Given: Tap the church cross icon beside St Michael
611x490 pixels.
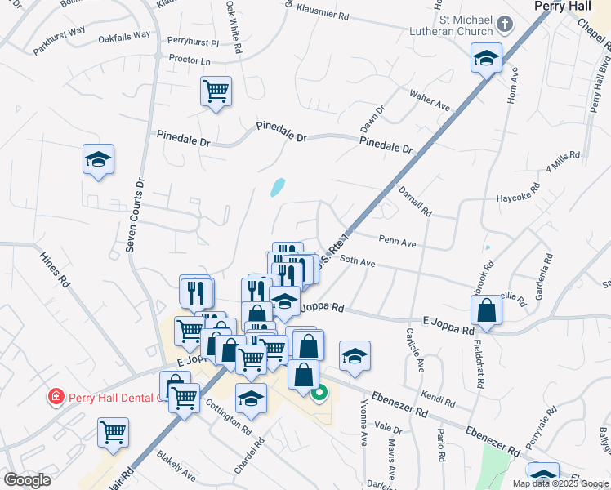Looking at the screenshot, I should point(504,24).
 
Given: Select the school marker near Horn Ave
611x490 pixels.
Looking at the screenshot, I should point(486,59).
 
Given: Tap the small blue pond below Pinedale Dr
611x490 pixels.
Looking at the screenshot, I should point(278,188).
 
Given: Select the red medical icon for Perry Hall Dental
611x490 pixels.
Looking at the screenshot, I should point(56,398).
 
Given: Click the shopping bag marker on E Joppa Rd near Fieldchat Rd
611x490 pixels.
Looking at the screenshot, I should point(487,311).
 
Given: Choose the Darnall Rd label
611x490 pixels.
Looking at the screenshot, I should point(415,200).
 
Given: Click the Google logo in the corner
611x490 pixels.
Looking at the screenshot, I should point(27,480).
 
